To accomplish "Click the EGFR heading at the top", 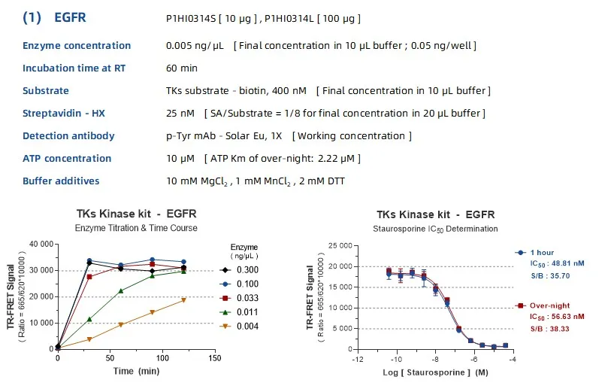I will (x=71, y=17).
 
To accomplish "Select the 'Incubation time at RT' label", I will (x=74, y=68).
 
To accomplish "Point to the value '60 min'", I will (x=182, y=68).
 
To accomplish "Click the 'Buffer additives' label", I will (x=61, y=181).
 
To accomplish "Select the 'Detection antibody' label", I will (x=68, y=135).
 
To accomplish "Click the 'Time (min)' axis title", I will (x=136, y=372).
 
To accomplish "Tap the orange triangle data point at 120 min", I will (x=183, y=299).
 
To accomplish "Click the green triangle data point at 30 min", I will (x=89, y=319).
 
